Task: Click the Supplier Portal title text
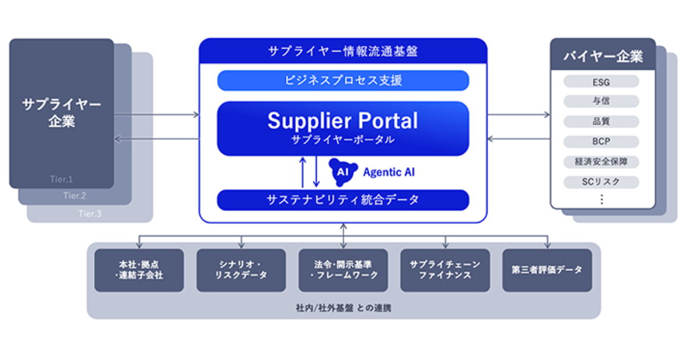click(x=343, y=121)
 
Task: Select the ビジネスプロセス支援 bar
click(x=343, y=81)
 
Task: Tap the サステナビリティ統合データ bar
click(x=343, y=200)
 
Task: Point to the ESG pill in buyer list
click(x=601, y=81)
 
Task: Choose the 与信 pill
click(x=601, y=101)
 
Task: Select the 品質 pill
click(x=601, y=122)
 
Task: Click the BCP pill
click(x=601, y=142)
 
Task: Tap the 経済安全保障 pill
click(x=601, y=162)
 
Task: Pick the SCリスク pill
click(x=601, y=182)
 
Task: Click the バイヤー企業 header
click(x=603, y=56)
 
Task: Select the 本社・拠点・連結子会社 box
click(x=139, y=270)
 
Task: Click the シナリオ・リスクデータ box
click(x=241, y=270)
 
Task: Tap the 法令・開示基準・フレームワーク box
click(x=343, y=270)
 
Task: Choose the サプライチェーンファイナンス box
click(x=445, y=270)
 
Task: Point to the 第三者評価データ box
click(x=547, y=270)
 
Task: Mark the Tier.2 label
click(x=74, y=196)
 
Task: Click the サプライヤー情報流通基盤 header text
click(x=343, y=51)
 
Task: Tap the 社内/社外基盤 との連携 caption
click(x=343, y=308)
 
